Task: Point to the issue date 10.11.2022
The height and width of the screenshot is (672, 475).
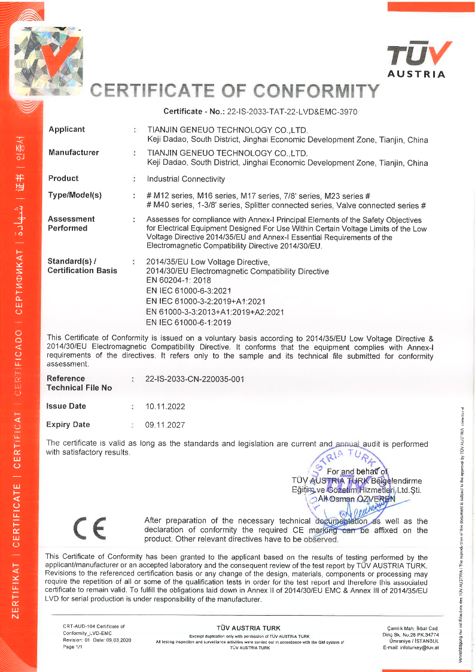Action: point(166,407)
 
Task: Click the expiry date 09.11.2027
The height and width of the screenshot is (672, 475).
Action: point(166,425)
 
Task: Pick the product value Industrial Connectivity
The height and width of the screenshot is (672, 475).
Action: point(186,179)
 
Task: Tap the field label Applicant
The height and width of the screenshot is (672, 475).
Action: point(66,129)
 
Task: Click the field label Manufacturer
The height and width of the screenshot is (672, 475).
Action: point(74,153)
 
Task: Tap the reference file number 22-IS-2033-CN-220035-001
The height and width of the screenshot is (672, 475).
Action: point(195,379)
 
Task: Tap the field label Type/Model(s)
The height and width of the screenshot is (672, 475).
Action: point(75,196)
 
